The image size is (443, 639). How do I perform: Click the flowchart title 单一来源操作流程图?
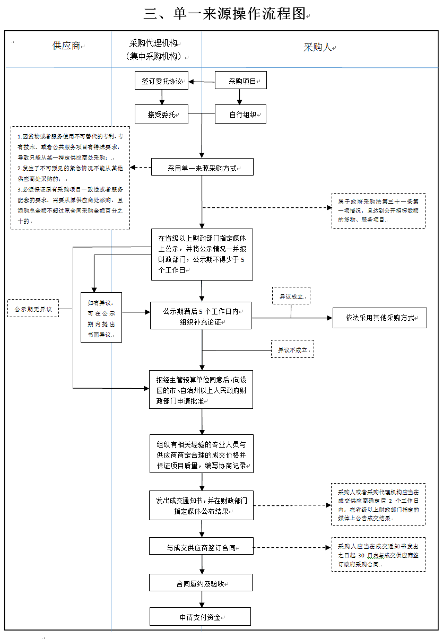[227, 14]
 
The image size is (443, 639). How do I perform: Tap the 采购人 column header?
[318, 47]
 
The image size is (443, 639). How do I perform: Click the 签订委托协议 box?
[161, 82]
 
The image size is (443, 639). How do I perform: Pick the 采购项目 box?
[240, 81]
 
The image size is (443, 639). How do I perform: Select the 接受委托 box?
[161, 114]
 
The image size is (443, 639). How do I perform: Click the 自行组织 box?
[240, 114]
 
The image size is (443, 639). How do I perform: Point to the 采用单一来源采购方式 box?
[202, 168]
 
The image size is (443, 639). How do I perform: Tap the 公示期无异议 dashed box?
[33, 308]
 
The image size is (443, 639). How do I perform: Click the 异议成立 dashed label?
[291, 296]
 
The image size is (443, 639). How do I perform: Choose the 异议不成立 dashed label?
[292, 349]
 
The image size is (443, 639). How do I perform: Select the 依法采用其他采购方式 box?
[379, 318]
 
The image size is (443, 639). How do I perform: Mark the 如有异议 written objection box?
[101, 318]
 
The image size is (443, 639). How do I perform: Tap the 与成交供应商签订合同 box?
[201, 547]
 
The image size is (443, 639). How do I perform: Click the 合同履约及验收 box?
[201, 583]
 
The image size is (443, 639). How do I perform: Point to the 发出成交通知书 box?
[201, 505]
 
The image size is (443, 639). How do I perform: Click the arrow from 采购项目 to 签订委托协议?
[202, 82]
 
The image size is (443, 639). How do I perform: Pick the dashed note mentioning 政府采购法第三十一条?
[378, 211]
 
